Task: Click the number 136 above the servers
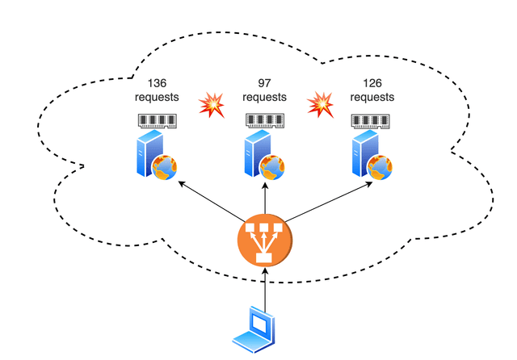click(156, 83)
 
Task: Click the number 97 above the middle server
click(264, 84)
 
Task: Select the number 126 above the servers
click(372, 84)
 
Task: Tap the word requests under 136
click(156, 98)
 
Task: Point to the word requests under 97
click(264, 98)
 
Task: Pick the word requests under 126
click(372, 98)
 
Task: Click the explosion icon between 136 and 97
click(212, 104)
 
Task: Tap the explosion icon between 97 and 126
click(321, 104)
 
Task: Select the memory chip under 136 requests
click(157, 122)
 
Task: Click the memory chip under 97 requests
click(265, 122)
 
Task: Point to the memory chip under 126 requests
click(372, 122)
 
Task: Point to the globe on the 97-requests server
click(274, 167)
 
